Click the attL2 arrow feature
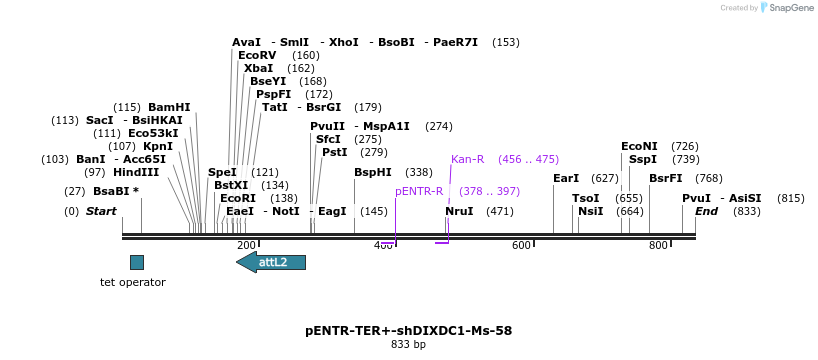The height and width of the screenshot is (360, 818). (x=271, y=262)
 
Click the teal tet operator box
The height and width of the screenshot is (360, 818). (x=137, y=262)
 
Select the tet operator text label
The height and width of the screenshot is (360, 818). (x=133, y=282)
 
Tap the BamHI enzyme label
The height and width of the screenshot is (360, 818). (x=169, y=107)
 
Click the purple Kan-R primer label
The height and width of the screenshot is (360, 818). (x=467, y=159)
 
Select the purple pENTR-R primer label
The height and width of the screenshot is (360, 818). (x=419, y=191)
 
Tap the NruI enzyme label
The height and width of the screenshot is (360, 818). (x=459, y=211)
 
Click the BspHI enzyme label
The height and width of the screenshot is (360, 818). (x=373, y=172)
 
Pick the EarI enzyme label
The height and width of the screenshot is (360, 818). (x=566, y=178)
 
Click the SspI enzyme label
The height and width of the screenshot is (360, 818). (x=643, y=159)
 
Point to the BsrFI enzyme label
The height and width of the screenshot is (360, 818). (x=665, y=178)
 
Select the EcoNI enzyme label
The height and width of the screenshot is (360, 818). (x=640, y=146)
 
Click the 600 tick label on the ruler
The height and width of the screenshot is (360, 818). (x=521, y=246)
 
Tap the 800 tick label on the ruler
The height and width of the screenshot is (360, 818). (x=658, y=246)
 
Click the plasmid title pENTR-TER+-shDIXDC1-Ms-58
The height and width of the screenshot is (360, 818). (x=408, y=330)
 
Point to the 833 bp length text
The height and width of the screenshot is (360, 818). (x=408, y=345)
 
